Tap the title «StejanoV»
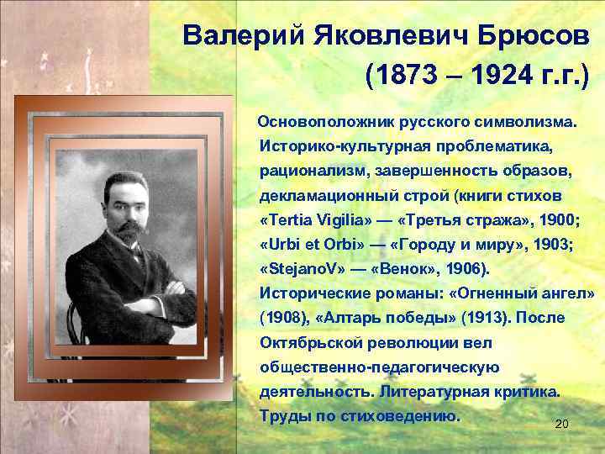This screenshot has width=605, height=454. (x=302, y=269)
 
